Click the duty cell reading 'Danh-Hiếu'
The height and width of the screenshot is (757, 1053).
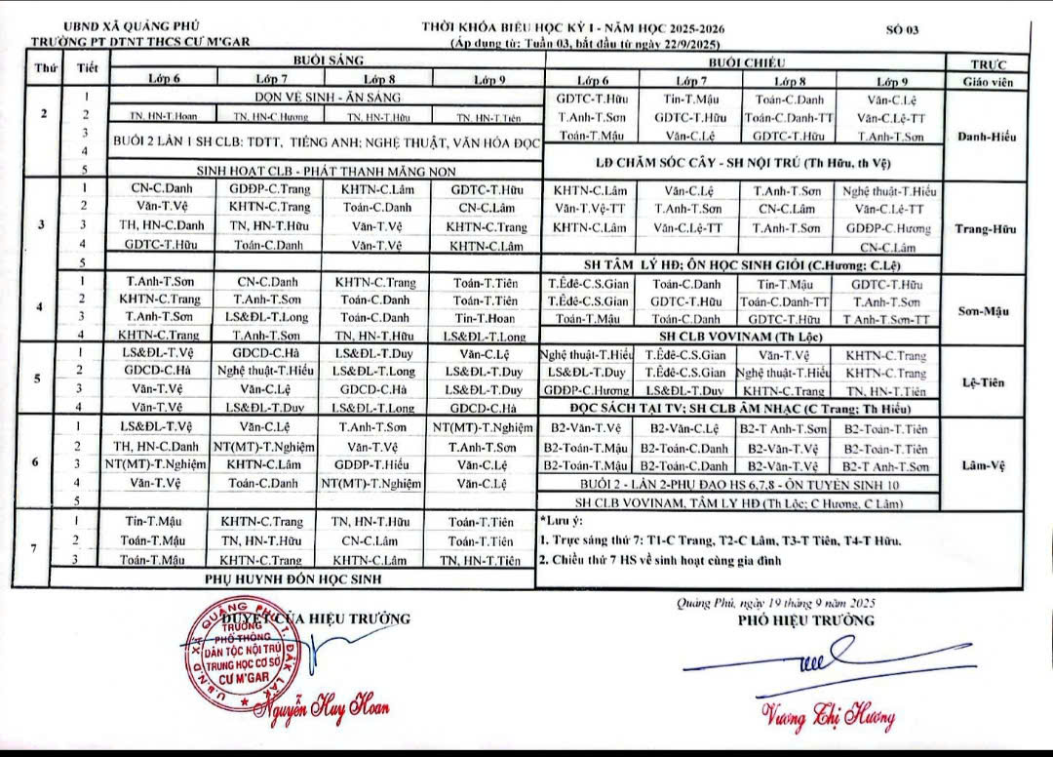(988, 136)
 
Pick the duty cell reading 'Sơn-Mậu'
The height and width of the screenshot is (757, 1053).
(988, 311)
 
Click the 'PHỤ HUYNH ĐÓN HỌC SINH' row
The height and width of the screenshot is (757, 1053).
(292, 579)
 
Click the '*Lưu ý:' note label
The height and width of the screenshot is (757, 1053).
(560, 523)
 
